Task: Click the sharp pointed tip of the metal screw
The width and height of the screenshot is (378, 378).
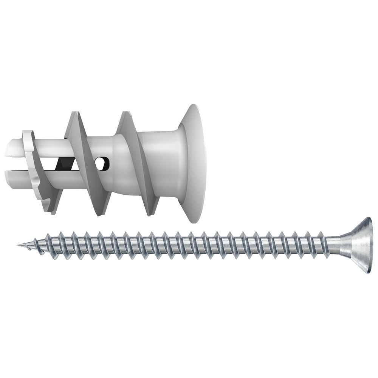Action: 18,246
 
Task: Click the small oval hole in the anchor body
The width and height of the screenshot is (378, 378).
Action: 103,163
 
